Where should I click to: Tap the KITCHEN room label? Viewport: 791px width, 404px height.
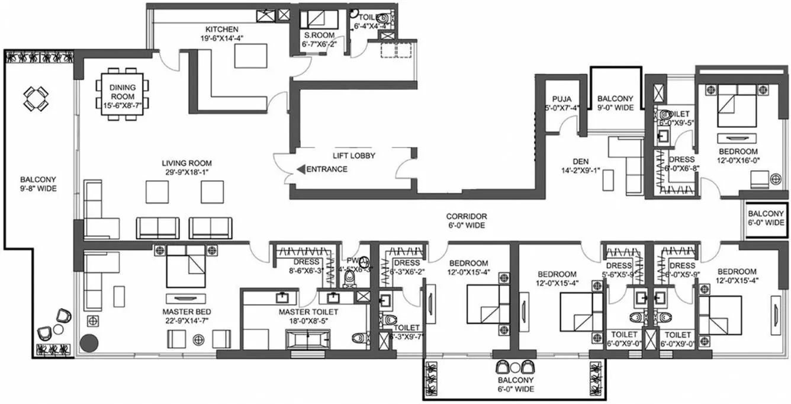point(222,29)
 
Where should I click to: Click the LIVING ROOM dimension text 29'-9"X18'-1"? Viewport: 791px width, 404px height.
point(187,173)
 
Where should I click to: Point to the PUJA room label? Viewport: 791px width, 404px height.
point(561,99)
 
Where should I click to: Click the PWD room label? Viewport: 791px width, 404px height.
point(354,260)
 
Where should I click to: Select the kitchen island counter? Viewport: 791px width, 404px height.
point(247,56)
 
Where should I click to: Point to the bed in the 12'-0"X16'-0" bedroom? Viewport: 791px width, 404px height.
point(737,106)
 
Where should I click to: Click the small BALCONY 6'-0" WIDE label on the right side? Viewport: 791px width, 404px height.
point(766,218)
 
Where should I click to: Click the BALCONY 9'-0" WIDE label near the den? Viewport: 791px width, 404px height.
point(615,103)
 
